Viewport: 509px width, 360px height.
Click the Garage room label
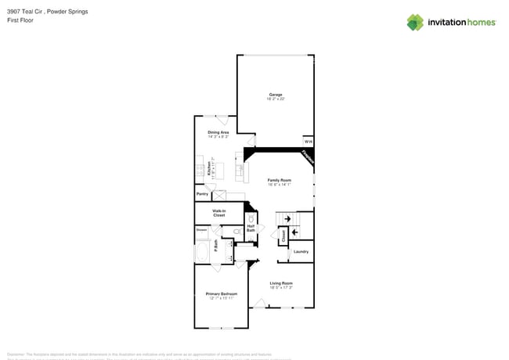coord(276,95)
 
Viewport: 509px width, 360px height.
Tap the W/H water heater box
coord(308,142)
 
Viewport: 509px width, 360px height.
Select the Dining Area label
coord(218,132)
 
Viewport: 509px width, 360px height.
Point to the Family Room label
coord(280,180)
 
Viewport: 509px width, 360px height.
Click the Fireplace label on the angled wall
coord(307,157)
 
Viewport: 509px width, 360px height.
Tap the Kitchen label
coord(209,168)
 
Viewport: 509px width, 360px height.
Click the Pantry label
coord(202,193)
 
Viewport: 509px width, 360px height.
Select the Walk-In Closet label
coord(218,212)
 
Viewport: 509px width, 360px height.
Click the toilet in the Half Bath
coord(251,219)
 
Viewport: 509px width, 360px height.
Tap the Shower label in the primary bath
coord(201,230)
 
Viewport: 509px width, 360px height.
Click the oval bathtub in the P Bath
coord(202,253)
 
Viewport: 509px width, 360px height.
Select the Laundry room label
coord(301,251)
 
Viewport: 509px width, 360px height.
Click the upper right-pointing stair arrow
coord(287,219)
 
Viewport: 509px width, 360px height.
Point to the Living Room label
coord(281,283)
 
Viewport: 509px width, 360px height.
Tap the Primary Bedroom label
coord(222,294)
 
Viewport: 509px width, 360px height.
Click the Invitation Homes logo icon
coord(414,23)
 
